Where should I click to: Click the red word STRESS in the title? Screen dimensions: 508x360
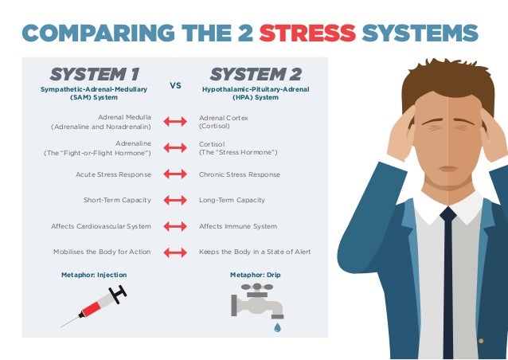tap(307, 33)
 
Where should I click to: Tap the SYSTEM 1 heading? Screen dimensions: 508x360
tap(95, 74)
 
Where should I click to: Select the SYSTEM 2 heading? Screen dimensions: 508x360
tap(256, 74)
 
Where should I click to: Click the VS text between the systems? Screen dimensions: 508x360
tap(175, 85)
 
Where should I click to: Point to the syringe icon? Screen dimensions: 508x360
tap(94, 306)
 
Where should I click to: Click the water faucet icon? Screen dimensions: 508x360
tap(257, 301)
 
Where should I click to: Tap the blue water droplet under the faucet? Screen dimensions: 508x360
tap(277, 327)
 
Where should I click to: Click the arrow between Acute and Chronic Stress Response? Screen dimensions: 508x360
tap(175, 174)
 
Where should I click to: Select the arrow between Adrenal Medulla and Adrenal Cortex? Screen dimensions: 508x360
tap(175, 122)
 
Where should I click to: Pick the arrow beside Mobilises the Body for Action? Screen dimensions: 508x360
tap(175, 252)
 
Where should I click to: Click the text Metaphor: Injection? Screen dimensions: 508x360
tap(94, 275)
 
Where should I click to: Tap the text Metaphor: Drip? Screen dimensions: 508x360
tap(256, 275)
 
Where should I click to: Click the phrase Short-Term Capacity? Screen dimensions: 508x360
tap(117, 200)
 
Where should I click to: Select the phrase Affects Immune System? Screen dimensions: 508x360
tap(238, 226)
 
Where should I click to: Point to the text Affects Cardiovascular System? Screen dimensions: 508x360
tap(101, 226)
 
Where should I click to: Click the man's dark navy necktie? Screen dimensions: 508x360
tap(448, 282)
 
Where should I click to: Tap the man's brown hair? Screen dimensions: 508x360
tap(448, 81)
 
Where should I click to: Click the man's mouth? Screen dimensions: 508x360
tap(448, 169)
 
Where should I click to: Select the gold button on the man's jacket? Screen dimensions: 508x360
tap(481, 341)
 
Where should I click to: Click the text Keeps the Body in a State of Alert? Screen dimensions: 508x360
tap(255, 252)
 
